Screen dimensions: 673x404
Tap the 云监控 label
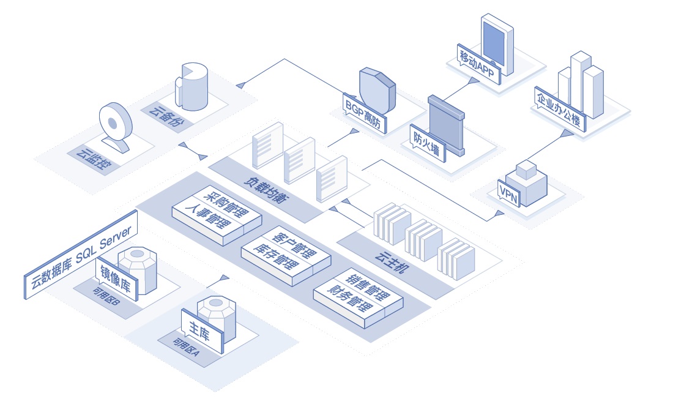[94, 159]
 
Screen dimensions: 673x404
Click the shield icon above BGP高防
[377, 90]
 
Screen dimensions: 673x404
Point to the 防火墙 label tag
[428, 143]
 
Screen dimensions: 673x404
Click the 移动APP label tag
[479, 64]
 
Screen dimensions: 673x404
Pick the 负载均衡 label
[267, 189]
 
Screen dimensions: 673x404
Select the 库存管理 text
[275, 256]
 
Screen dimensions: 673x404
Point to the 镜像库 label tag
[116, 279]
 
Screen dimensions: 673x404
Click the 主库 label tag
[202, 331]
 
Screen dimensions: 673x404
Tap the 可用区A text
[186, 347]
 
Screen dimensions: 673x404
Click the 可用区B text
[106, 296]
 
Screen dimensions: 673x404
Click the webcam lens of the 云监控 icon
[113, 124]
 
